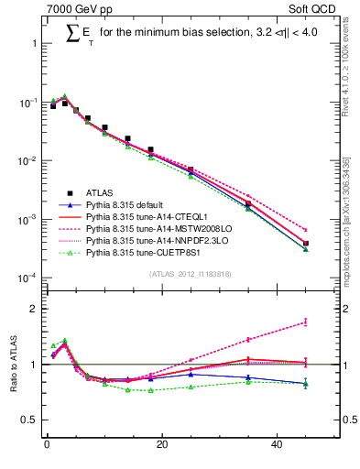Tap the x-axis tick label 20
[x=161, y=446]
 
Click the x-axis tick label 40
[x=277, y=446]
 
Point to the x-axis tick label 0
[x=47, y=446]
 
